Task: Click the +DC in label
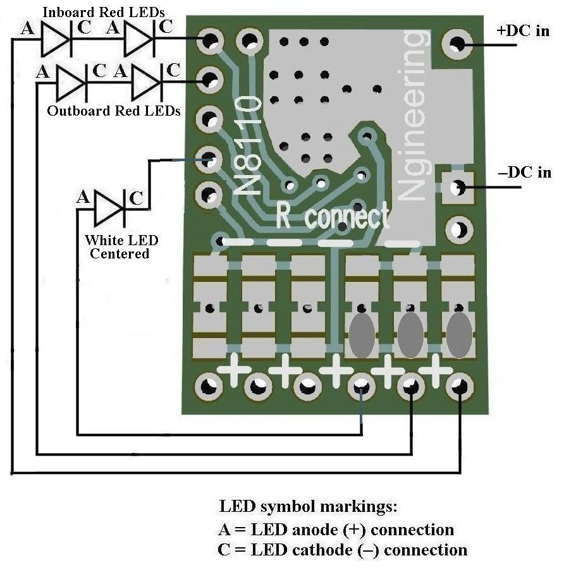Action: click(x=524, y=30)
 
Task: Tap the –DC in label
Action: click(x=525, y=172)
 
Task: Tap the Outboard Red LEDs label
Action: click(x=114, y=111)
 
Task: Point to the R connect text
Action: click(x=333, y=217)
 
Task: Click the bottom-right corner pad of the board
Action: click(x=460, y=385)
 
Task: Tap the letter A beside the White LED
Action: click(x=83, y=197)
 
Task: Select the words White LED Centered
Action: click(x=121, y=247)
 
